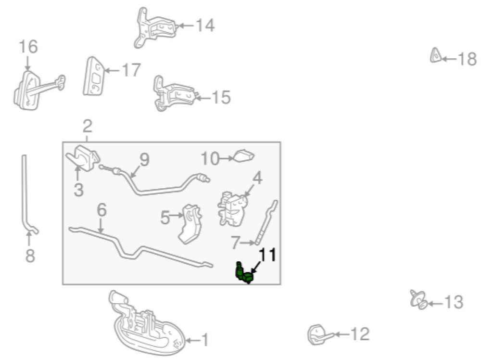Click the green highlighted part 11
tap(244, 273)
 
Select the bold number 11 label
tap(267, 256)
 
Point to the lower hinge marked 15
tap(173, 94)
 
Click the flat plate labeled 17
tap(93, 76)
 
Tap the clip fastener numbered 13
tap(418, 299)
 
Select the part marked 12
tap(319, 334)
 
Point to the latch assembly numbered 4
tap(232, 209)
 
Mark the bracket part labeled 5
tap(191, 224)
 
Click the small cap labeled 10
tap(244, 155)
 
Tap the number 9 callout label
tap(144, 160)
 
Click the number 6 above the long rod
tap(101, 210)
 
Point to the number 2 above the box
tap(88, 126)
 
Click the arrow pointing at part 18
tap(449, 59)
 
